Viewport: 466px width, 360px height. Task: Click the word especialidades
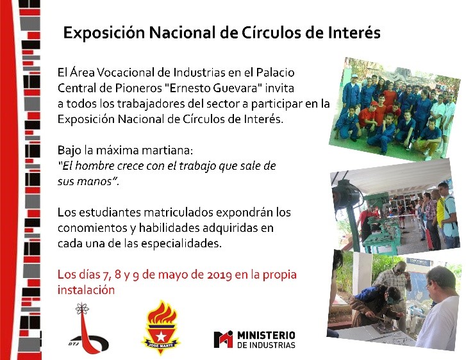coord(181,244)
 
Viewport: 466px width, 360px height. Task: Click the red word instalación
coord(86,290)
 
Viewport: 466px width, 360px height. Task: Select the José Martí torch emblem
coord(161,327)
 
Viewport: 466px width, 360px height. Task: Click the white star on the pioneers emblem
coord(161,336)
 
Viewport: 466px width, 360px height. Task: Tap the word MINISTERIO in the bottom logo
coord(266,336)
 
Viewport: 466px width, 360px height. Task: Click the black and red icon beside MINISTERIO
coord(223,339)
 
